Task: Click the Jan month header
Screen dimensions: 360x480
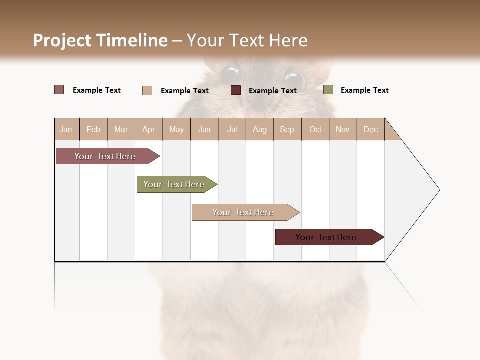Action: [x=66, y=129]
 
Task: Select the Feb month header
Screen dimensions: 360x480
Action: [x=93, y=129]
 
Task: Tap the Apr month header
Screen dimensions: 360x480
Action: [x=149, y=129]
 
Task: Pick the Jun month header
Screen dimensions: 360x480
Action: [x=204, y=129]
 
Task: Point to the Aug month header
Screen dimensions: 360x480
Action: [x=260, y=129]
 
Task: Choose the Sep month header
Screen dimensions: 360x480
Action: [x=287, y=129]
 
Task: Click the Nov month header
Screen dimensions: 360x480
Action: [x=343, y=129]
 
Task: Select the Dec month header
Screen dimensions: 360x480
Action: [x=371, y=129]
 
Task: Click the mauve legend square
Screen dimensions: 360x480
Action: [x=59, y=90]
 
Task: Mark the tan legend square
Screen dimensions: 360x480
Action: [x=147, y=90]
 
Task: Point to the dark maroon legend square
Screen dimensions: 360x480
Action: [x=236, y=90]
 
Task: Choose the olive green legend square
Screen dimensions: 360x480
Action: [x=328, y=90]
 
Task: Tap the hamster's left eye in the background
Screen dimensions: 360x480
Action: [x=230, y=72]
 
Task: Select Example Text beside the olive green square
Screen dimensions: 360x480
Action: [x=364, y=90]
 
